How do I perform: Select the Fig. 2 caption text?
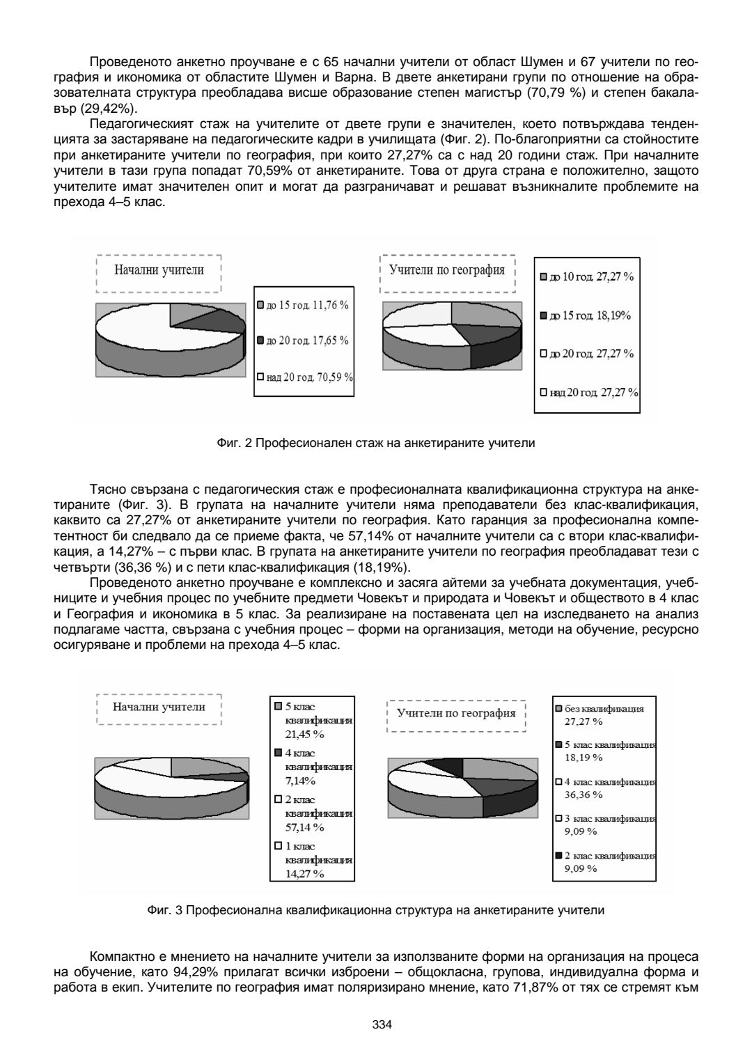pyautogui.click(x=376, y=443)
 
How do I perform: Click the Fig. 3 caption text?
pyautogui.click(x=376, y=909)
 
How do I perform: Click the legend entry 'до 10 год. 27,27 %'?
pyautogui.click(x=588, y=277)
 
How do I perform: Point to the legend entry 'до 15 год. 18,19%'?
pyautogui.click(x=586, y=315)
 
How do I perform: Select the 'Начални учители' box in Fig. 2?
pyautogui.click(x=159, y=271)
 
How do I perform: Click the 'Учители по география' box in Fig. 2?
pyautogui.click(x=446, y=271)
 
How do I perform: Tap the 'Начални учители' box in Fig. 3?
pyautogui.click(x=159, y=707)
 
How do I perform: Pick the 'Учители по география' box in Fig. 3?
pyautogui.click(x=456, y=713)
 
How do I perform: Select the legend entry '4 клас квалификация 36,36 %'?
pyautogui.click(x=604, y=788)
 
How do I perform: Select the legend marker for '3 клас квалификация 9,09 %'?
pyautogui.click(x=558, y=819)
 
